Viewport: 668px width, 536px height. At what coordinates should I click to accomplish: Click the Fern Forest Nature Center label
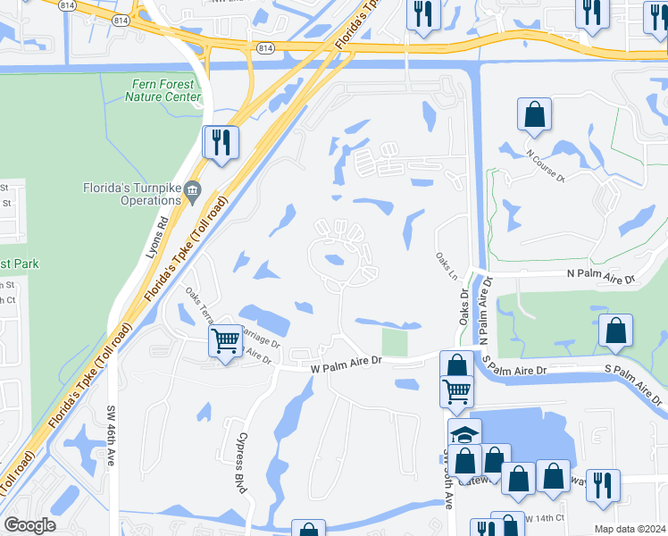pyautogui.click(x=163, y=90)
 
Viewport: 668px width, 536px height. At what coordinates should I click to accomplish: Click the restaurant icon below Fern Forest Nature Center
pyautogui.click(x=220, y=142)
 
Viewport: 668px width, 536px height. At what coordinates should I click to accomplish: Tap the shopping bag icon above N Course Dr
pyautogui.click(x=534, y=113)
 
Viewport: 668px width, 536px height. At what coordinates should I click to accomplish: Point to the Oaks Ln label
pyautogui.click(x=446, y=264)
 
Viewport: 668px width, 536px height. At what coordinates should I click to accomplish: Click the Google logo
pyautogui.click(x=29, y=525)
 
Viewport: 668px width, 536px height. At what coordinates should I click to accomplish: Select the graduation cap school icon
pyautogui.click(x=464, y=434)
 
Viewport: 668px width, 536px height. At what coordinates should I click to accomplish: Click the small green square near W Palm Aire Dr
pyautogui.click(x=394, y=341)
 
